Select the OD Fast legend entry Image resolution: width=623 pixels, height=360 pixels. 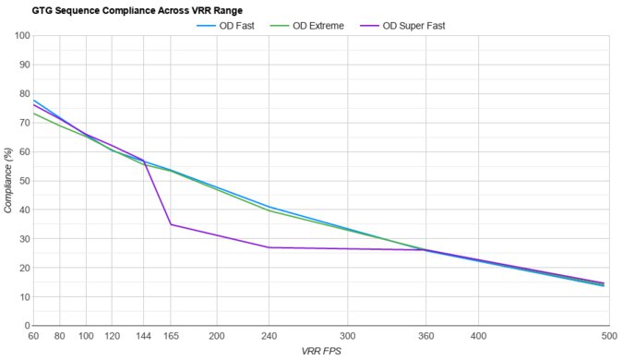(230, 25)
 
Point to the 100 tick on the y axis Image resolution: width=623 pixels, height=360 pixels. (20, 36)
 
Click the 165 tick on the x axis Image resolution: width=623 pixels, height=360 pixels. (171, 338)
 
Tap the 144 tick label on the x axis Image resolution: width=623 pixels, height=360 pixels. (143, 338)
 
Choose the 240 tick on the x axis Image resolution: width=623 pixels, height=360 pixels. (270, 338)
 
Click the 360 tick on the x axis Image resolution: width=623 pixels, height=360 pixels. (425, 338)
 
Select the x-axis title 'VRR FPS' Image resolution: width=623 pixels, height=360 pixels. (322, 352)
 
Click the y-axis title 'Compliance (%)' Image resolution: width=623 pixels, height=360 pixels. (8, 181)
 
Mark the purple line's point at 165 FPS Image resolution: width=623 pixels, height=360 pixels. (171, 224)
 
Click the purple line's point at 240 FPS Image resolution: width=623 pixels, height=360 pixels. (270, 247)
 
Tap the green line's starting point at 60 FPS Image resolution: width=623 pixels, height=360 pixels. (34, 114)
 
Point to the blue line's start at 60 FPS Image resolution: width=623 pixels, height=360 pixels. (34, 101)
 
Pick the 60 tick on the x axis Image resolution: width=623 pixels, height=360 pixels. (34, 338)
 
